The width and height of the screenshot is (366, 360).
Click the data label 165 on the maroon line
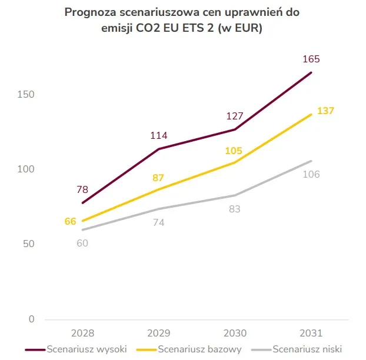click(x=311, y=59)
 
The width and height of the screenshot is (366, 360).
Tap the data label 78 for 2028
click(x=82, y=189)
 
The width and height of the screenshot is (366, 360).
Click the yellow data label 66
click(x=71, y=221)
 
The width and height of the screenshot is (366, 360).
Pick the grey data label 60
click(x=82, y=244)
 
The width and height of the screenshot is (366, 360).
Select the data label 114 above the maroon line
click(x=158, y=136)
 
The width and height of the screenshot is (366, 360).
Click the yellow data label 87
click(x=158, y=177)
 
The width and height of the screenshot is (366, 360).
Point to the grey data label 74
click(x=158, y=222)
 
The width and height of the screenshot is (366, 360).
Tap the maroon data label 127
click(x=234, y=116)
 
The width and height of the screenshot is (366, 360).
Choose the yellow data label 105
click(x=234, y=151)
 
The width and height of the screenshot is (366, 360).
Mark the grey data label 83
click(x=234, y=209)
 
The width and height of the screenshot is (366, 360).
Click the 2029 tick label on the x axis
click(x=158, y=333)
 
